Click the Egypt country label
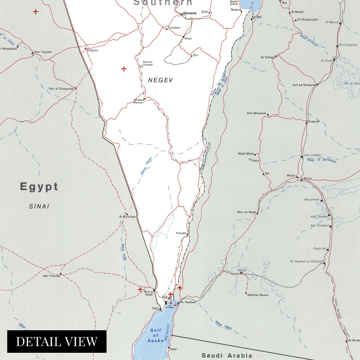tap(39, 187)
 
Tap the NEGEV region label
tap(160, 80)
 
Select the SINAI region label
tap(39, 207)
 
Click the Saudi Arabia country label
tap(227, 356)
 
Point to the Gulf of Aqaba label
tap(155, 335)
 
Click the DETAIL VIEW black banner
tap(57, 341)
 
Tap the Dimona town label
tap(190, 13)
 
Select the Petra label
tap(255, 161)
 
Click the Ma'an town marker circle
tap(297, 178)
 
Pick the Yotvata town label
tap(181, 233)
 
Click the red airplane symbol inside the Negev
tap(124, 69)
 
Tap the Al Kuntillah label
tap(127, 217)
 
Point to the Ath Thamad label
tap(51, 276)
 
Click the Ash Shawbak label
tap(256, 113)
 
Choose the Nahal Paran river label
tap(146, 166)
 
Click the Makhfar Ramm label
tap(258, 295)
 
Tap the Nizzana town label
tap(92, 50)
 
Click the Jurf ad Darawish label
tap(304, 85)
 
